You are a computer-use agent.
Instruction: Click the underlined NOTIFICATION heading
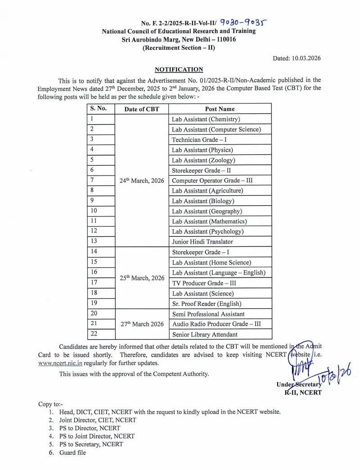coord(179,69)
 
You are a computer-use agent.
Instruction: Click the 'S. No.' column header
coord(98,108)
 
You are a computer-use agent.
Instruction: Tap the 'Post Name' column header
coord(220,109)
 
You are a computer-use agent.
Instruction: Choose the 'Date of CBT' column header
coord(141,109)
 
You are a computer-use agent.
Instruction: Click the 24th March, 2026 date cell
coord(141,181)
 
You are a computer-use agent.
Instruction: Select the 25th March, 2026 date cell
coord(141,278)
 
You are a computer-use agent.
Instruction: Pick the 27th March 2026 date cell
coord(141,324)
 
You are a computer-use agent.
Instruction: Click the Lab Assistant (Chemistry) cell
coord(206,119)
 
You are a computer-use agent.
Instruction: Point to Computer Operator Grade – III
coord(212,181)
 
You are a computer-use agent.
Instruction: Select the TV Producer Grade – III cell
coord(204,283)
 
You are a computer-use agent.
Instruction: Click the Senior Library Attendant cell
coord(205,334)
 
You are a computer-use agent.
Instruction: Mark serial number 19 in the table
coord(94,303)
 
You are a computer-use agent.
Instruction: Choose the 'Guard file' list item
coord(72,452)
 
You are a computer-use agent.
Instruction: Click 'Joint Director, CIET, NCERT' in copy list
coord(98,420)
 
